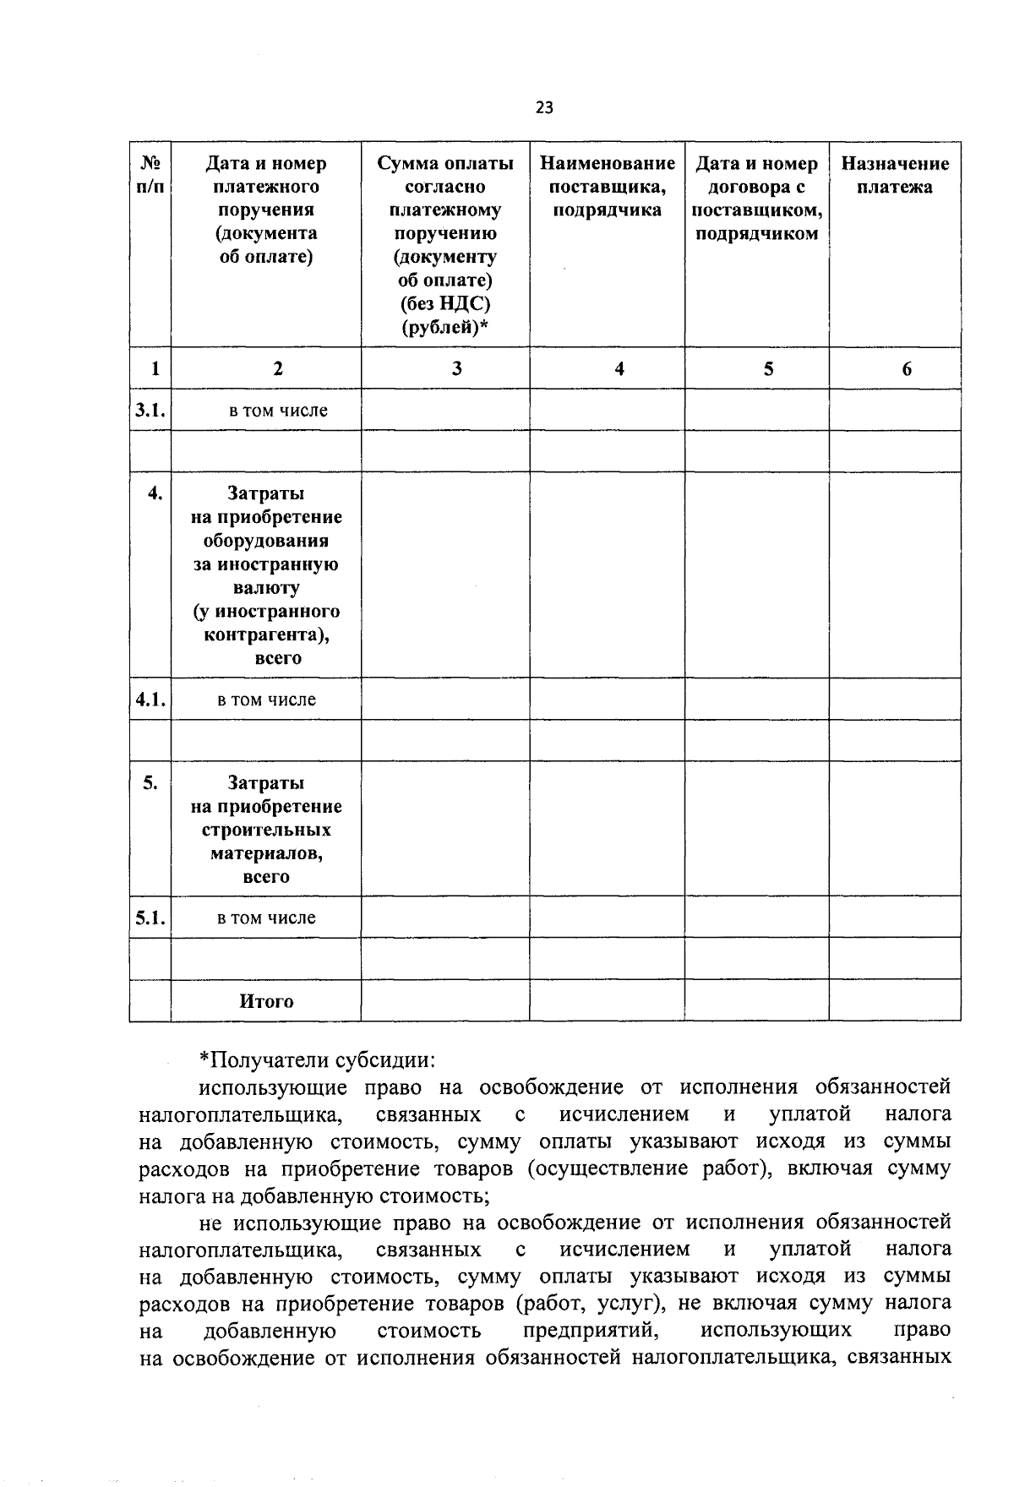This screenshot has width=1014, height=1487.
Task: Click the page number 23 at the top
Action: point(544,107)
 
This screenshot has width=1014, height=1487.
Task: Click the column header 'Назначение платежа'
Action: point(895,175)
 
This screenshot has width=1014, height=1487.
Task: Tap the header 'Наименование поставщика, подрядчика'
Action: point(607,187)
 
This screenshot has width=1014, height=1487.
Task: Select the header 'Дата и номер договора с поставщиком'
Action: point(756,199)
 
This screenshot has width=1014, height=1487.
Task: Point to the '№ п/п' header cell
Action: point(150,175)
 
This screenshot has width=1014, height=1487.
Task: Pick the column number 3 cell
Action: point(456,368)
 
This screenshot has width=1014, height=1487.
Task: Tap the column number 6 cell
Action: point(907,368)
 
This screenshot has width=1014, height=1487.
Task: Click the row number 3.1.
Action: point(150,411)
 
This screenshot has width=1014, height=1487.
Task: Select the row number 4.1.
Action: point(150,700)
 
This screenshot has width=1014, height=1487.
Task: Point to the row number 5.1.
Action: point(150,918)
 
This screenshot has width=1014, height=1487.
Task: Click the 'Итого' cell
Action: point(266,1001)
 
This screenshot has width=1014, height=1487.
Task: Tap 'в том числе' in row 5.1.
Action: point(266,918)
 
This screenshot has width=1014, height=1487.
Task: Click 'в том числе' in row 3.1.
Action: point(278,411)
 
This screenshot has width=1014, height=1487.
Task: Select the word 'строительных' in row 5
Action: point(266,830)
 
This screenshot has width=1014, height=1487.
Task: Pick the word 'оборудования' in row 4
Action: point(266,541)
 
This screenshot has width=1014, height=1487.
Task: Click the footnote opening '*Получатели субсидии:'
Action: point(318,1059)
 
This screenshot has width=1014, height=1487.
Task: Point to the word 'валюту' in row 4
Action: point(266,587)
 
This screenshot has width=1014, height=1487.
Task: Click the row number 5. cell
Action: point(150,783)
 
